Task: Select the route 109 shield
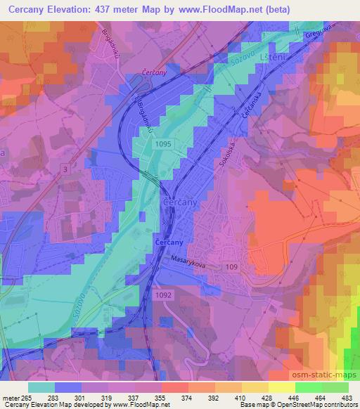coord(231,267)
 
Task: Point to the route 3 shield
coord(65,169)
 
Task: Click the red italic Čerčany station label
coord(153,73)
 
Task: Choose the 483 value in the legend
coord(347,398)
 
